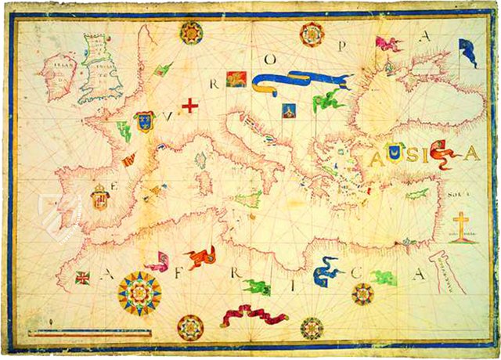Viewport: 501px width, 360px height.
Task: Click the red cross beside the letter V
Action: point(189,105)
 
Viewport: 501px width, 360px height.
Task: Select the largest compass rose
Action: point(139,293)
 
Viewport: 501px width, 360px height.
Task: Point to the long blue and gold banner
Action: point(301,81)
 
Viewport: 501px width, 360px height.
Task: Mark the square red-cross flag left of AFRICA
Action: point(82,277)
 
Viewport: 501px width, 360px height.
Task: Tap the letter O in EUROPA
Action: point(274,59)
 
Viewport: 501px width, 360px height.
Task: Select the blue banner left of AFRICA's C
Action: point(327,273)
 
